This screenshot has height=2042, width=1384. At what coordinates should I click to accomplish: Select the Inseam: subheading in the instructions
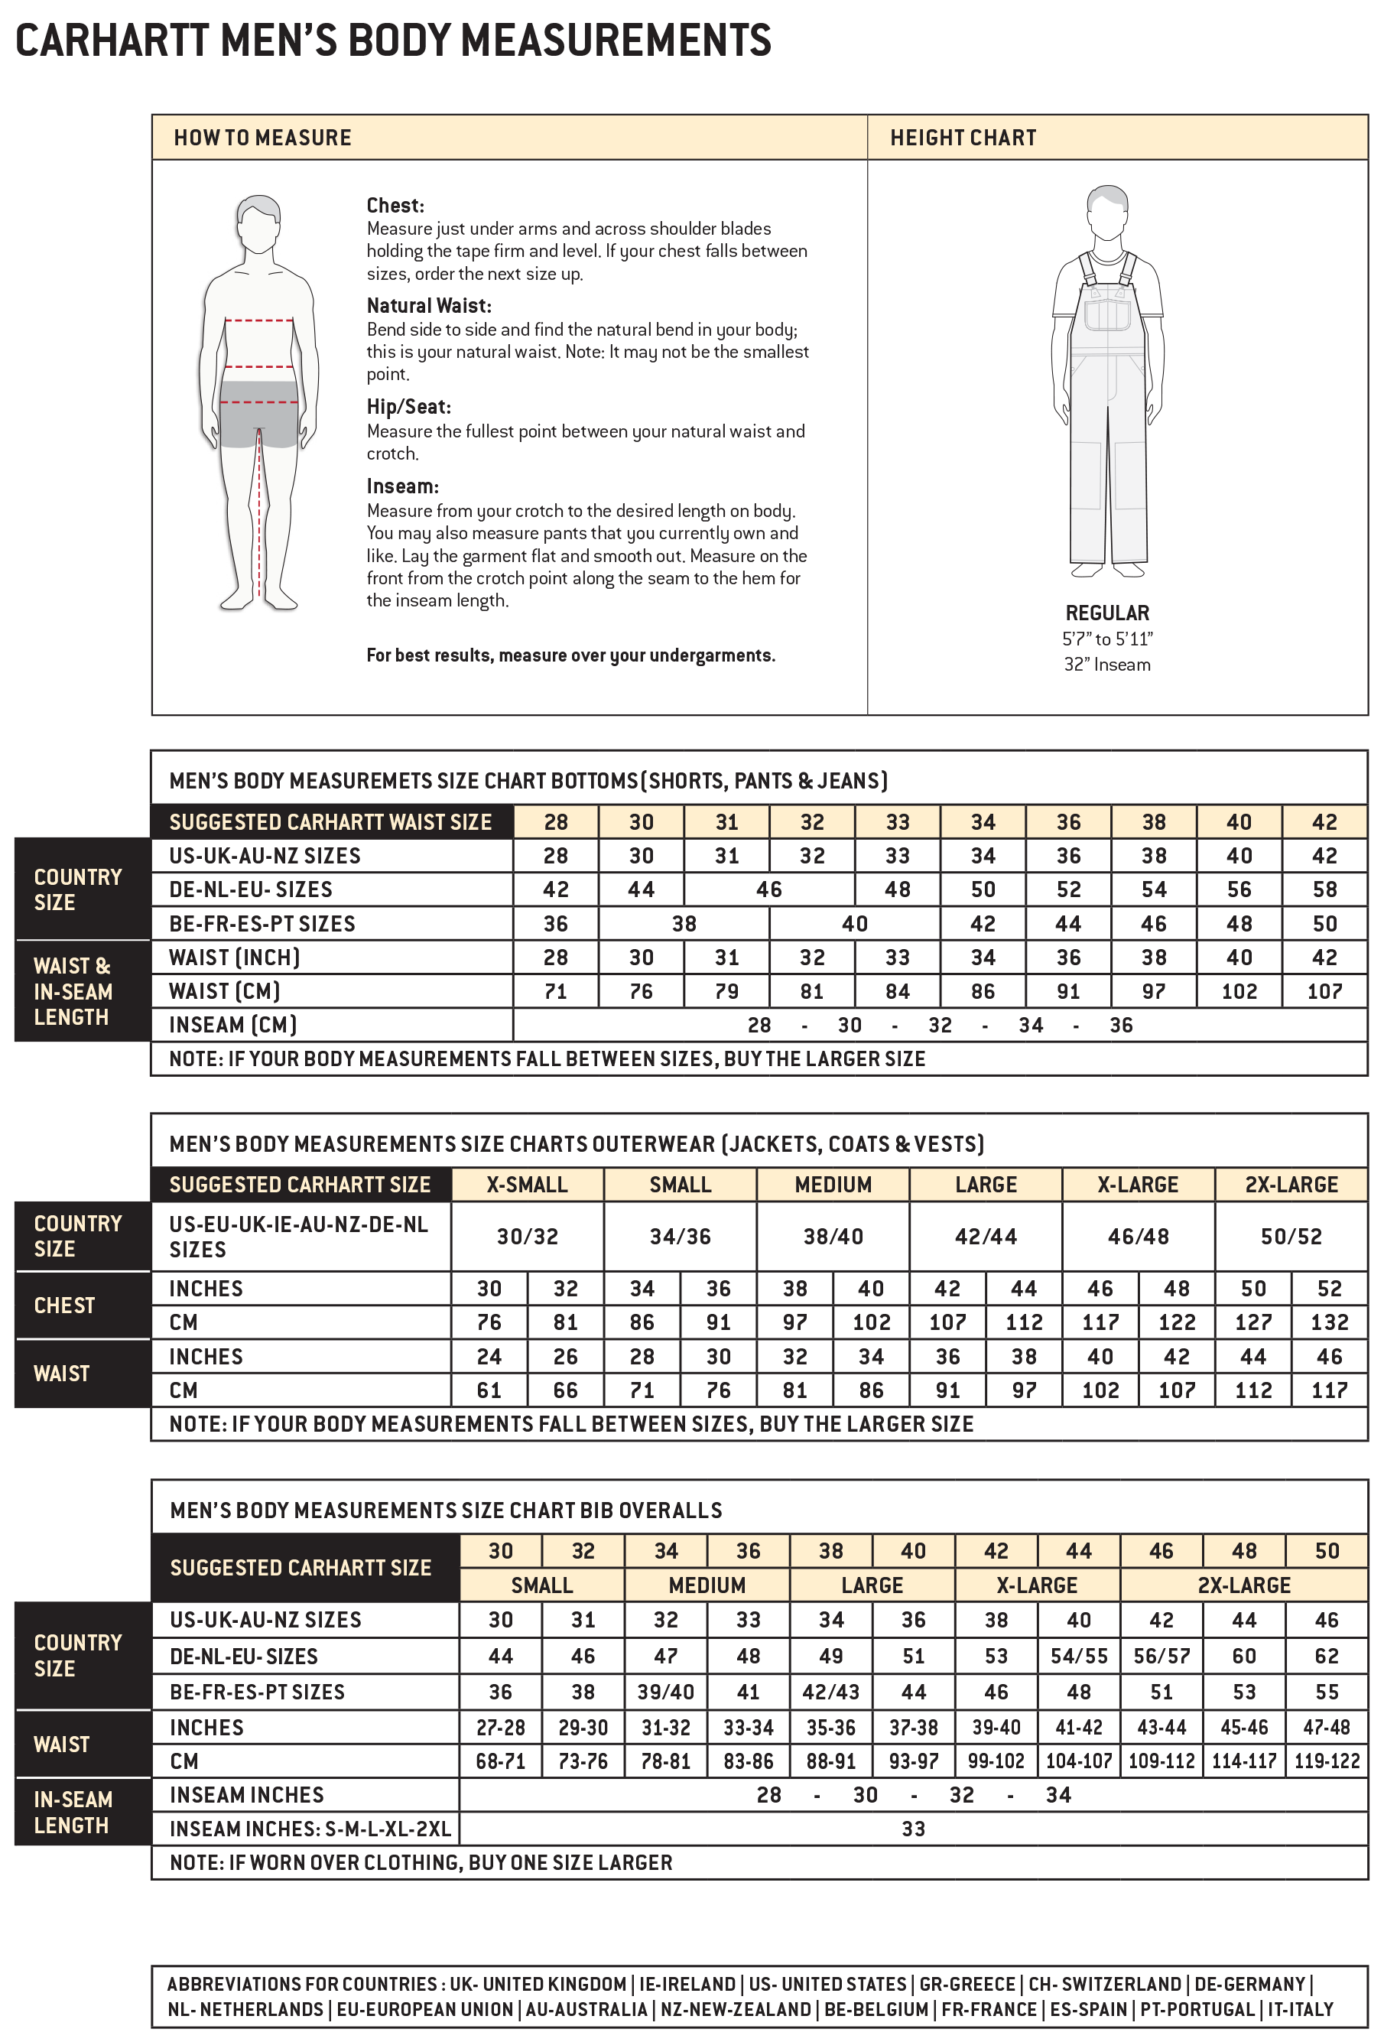coord(401,486)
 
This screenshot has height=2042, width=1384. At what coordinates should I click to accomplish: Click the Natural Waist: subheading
coord(429,306)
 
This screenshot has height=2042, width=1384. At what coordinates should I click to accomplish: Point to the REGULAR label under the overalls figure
coord(1106,613)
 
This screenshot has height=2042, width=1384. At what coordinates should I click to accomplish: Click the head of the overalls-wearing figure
coord(1107,211)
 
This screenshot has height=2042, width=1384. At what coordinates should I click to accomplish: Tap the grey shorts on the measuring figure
coord(258,414)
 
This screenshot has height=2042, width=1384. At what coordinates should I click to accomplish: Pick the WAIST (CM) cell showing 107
coord(1324,991)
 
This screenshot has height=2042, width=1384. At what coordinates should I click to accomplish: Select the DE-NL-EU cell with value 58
coord(1324,889)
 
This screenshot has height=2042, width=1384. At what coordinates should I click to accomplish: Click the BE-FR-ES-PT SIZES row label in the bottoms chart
coord(262,923)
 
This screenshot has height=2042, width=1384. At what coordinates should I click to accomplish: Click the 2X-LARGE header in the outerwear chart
coord(1291,1185)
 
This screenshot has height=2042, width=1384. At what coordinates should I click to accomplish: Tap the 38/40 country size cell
coord(832,1236)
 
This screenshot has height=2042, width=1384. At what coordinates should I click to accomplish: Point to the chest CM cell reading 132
coord(1329,1322)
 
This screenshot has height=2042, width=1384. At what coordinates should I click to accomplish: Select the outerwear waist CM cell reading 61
coord(489,1390)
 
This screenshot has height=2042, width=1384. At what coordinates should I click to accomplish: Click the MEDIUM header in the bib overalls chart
coord(707,1585)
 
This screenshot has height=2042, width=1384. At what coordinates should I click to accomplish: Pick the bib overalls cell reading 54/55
coord(1078,1657)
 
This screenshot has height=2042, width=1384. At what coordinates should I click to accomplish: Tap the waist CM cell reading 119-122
coord(1326,1761)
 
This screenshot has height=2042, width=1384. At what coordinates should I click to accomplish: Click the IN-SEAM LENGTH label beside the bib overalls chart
coord(73,1812)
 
